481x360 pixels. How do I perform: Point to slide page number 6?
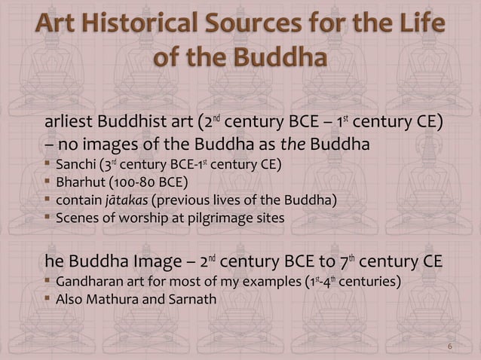(449, 346)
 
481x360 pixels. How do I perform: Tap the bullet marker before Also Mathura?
(48, 300)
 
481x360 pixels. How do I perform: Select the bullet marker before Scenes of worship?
(48, 218)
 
